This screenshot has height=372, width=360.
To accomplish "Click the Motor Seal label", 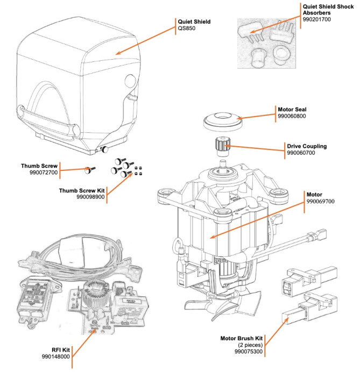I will click(x=292, y=109).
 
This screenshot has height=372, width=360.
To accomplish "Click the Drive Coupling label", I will click(x=305, y=146).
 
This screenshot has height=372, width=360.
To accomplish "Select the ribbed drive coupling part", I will click(x=222, y=145).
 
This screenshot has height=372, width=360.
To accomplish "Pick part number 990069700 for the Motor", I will click(x=321, y=202).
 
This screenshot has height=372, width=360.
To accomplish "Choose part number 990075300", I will click(x=249, y=352).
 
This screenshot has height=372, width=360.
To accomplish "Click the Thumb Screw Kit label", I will click(x=82, y=190).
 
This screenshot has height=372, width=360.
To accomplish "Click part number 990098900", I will click(x=89, y=198).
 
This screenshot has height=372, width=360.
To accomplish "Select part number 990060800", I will click(x=291, y=116).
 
